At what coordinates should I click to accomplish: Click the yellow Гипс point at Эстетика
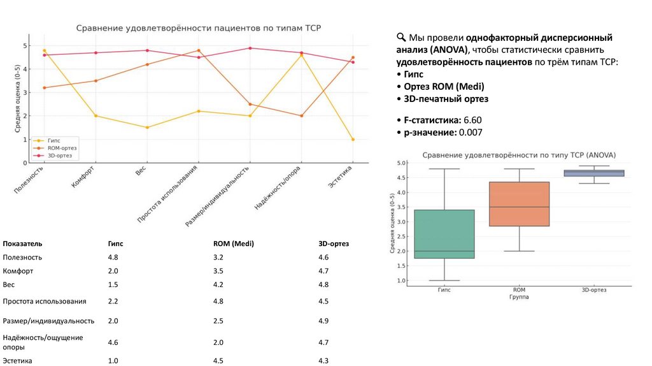point(353,140)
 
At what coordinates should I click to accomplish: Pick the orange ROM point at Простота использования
point(199,50)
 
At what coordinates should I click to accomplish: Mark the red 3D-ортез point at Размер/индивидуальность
point(250,48)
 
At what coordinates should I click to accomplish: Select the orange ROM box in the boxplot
point(520,204)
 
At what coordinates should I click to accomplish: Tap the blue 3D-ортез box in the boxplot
point(593,173)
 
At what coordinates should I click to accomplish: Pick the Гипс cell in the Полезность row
point(113,258)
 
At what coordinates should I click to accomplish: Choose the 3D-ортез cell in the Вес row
point(324,285)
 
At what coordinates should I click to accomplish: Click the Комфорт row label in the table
point(18,271)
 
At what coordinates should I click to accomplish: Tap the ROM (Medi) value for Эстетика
point(218,361)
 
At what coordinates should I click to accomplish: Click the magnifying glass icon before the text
point(400,37)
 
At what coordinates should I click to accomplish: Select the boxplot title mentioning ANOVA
point(520,155)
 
